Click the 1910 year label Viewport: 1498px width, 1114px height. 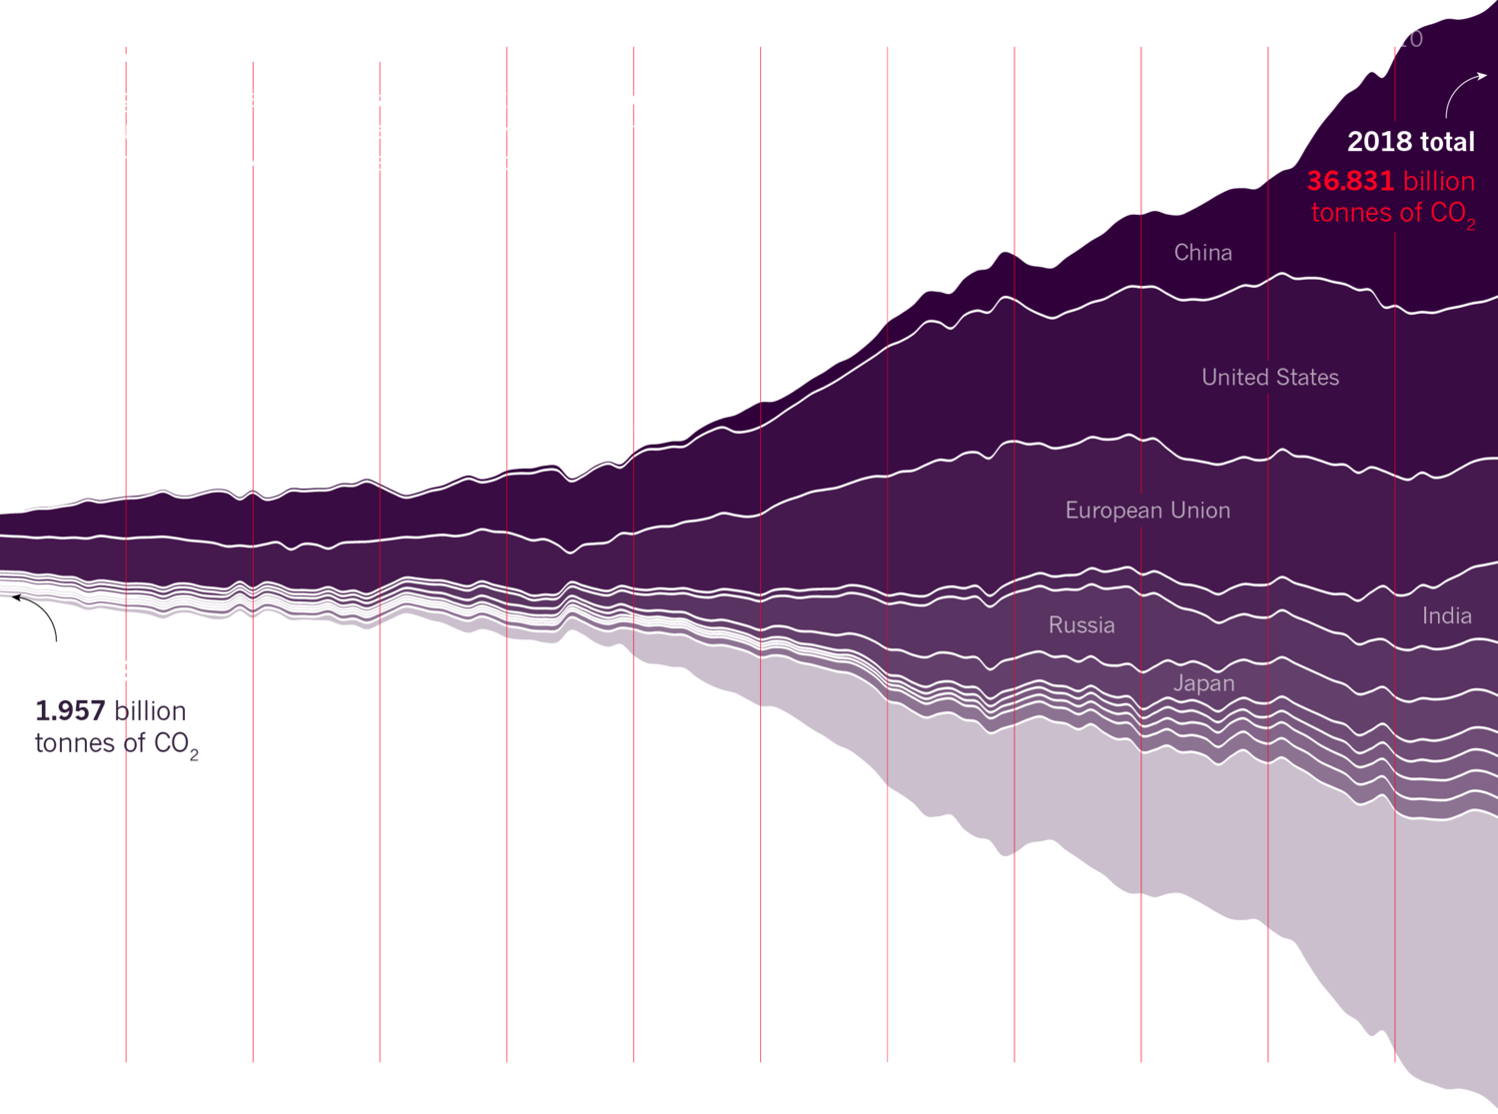pyautogui.click(x=127, y=471)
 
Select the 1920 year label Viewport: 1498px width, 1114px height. pyautogui.click(x=254, y=471)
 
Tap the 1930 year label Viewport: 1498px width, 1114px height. pyautogui.click(x=380, y=466)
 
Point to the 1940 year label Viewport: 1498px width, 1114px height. pyautogui.click(x=507, y=454)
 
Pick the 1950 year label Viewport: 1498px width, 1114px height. pyautogui.click(x=634, y=428)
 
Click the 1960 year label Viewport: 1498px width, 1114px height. pyautogui.click(x=761, y=384)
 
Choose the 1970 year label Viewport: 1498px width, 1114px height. pyautogui.click(x=888, y=292)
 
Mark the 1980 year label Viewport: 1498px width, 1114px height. pyautogui.click(x=1015, y=236)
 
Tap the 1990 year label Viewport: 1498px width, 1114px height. pyautogui.click(x=1141, y=198)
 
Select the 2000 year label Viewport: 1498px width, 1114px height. pyautogui.click(x=1268, y=157)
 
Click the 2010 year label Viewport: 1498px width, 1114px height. pyautogui.click(x=1395, y=39)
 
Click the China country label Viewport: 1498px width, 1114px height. pyautogui.click(x=1202, y=253)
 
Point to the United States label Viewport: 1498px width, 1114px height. pyautogui.click(x=1269, y=378)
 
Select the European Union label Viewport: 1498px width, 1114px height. pyautogui.click(x=1147, y=511)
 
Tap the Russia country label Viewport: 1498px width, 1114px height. pyautogui.click(x=1082, y=625)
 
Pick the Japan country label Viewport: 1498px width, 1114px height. pyautogui.click(x=1203, y=683)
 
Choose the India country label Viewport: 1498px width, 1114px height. pyautogui.click(x=1446, y=616)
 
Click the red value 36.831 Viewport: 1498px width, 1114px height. pyautogui.click(x=1349, y=181)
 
